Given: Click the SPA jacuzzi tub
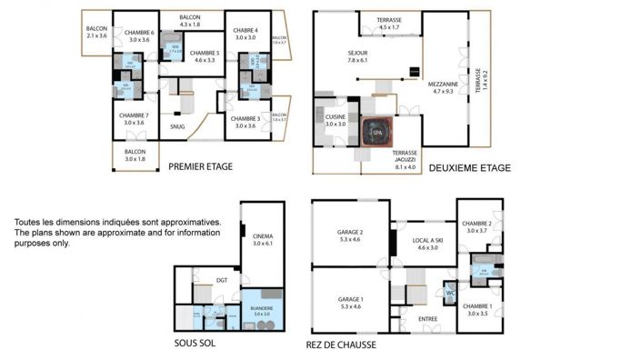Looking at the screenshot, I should [x=376, y=133].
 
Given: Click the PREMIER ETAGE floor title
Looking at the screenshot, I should [x=200, y=166].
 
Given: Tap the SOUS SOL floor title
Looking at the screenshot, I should [x=194, y=344].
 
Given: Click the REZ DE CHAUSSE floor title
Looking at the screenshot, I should [x=341, y=345].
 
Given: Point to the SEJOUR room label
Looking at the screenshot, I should [x=357, y=53].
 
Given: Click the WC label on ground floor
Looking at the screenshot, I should [x=449, y=293].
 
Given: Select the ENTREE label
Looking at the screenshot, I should [x=427, y=319].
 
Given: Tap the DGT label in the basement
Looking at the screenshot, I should [x=221, y=281].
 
